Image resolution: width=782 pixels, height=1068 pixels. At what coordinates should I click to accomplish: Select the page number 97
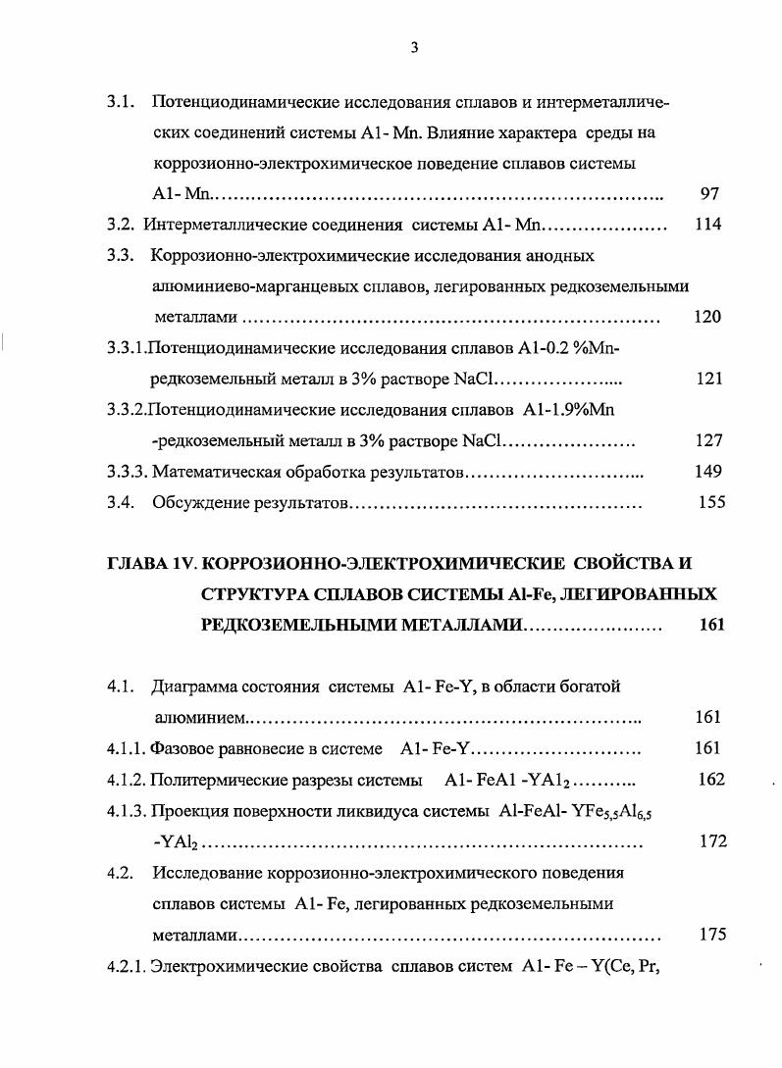point(710,194)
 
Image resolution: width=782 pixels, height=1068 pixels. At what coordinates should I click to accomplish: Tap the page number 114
point(707,225)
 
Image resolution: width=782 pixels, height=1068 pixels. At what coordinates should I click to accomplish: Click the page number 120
point(707,316)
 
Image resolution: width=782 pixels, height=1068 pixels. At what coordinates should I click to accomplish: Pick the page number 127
point(707,440)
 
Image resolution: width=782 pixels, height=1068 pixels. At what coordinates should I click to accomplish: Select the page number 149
point(707,472)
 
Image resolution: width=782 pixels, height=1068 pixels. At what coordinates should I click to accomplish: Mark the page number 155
point(710,503)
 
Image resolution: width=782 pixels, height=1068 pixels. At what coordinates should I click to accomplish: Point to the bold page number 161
point(710,626)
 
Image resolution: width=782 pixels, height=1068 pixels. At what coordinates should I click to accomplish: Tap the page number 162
point(710,780)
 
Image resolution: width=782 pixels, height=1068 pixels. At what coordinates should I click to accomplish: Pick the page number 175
point(712,935)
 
